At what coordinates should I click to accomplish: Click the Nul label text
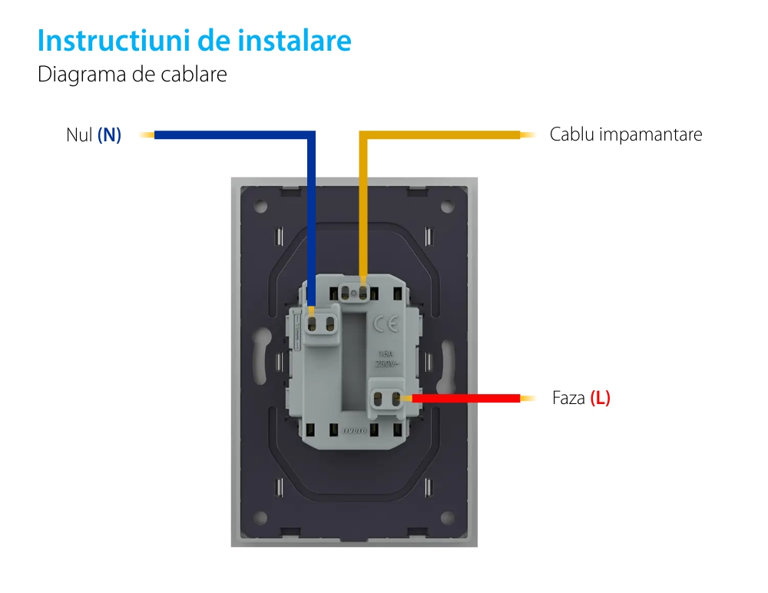point(79,135)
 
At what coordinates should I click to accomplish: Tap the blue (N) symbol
point(109,135)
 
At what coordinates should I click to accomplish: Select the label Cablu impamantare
point(625,134)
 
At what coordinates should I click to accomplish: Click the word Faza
point(568,399)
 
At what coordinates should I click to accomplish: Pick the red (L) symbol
point(600,399)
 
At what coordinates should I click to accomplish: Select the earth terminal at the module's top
point(354,293)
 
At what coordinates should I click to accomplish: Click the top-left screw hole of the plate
point(260,206)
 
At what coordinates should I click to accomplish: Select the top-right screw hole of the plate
point(449,206)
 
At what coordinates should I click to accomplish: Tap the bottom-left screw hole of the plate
point(260,516)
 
